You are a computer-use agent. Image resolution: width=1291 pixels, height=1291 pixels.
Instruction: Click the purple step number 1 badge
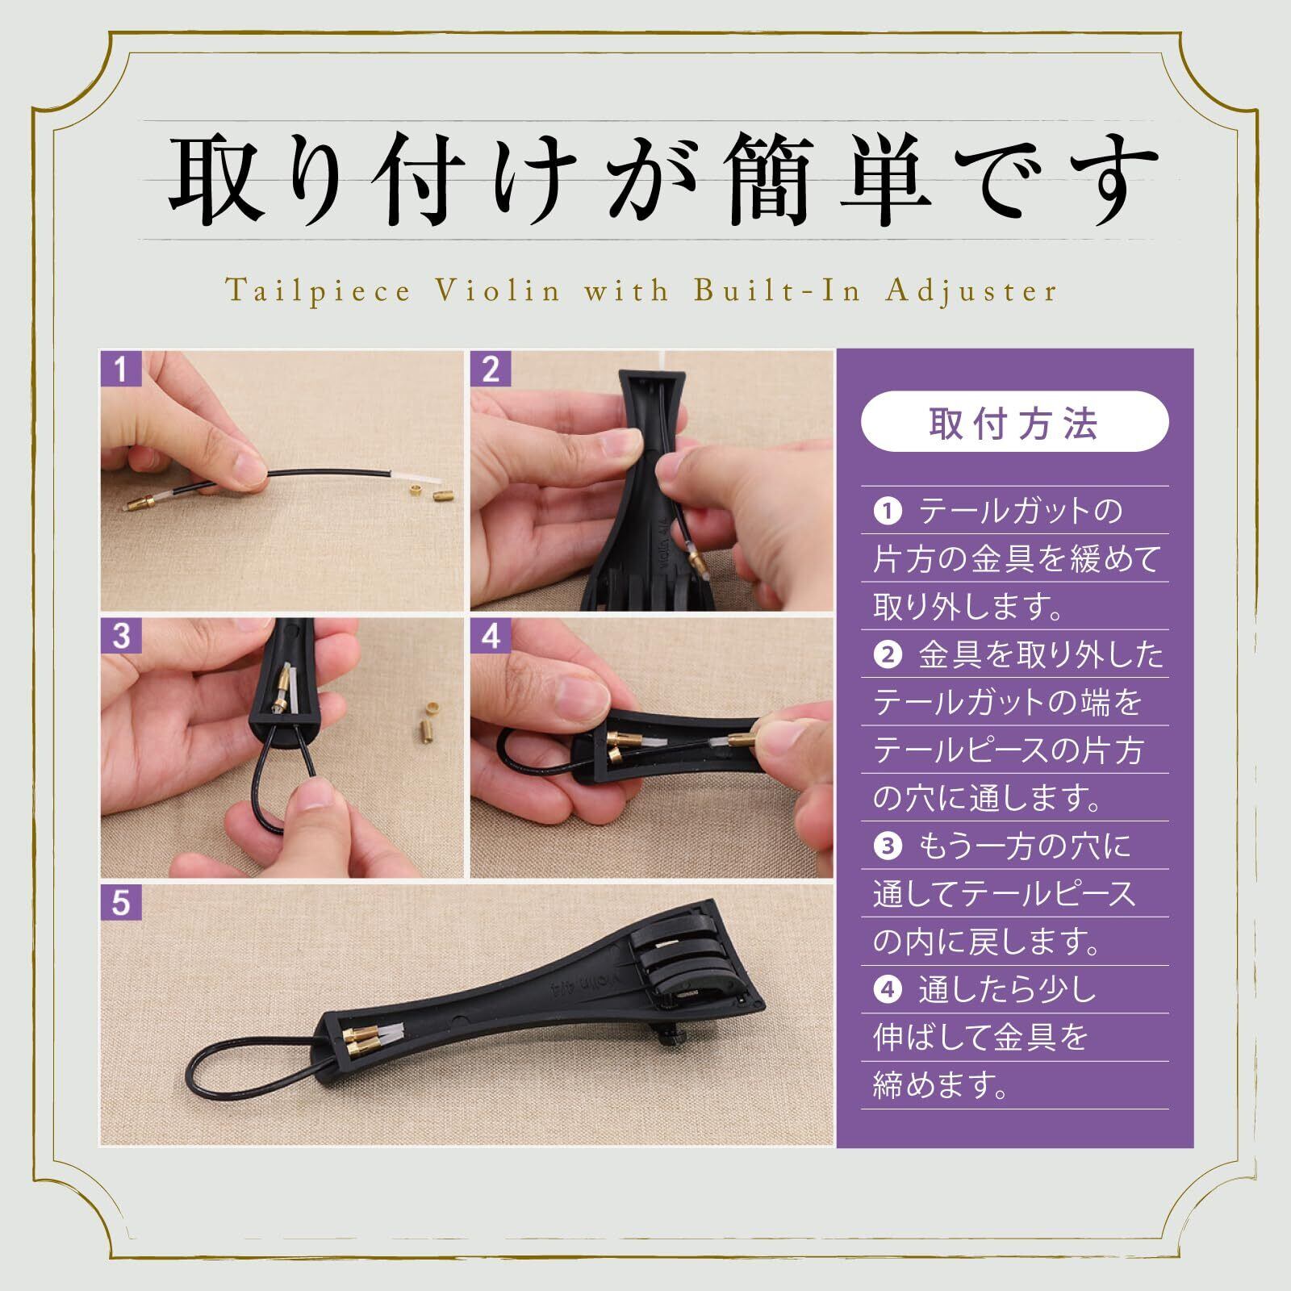121,370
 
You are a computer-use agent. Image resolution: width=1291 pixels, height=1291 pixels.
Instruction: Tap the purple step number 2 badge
491,370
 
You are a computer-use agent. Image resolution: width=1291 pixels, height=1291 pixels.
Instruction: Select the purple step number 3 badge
121,636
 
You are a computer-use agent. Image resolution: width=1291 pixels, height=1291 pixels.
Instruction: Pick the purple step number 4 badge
491,636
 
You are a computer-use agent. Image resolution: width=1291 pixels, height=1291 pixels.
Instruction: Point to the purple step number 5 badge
121,902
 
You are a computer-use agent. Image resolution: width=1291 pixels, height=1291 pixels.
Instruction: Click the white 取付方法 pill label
1014,422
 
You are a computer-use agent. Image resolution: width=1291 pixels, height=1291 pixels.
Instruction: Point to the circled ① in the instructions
887,512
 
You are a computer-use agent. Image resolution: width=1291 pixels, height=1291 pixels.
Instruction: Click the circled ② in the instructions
887,655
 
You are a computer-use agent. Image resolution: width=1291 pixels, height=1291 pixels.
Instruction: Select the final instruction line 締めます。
942,1085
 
